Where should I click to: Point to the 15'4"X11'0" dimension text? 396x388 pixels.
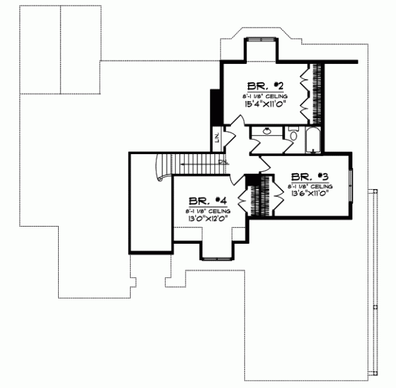pos(265,104)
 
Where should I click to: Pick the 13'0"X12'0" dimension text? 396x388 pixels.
pos(208,219)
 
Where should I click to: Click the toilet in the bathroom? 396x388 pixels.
pos(294,136)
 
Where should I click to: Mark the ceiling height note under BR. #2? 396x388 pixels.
pos(265,96)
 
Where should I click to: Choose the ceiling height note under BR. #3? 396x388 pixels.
pos(310,186)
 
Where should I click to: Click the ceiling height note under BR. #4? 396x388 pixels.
pos(208,210)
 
